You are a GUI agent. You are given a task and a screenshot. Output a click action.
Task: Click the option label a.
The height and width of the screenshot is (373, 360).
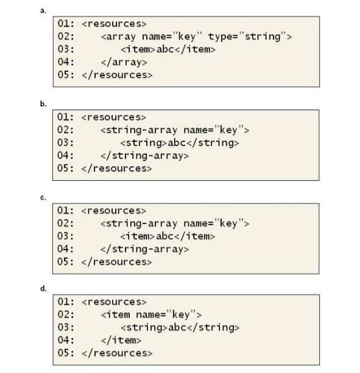click(x=43, y=11)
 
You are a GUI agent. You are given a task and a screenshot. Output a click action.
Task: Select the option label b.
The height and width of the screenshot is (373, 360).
click(x=43, y=104)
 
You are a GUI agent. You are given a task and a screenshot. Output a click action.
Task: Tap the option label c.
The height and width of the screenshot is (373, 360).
click(x=43, y=198)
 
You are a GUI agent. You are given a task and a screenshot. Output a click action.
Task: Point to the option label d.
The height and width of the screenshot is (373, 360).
click(x=43, y=288)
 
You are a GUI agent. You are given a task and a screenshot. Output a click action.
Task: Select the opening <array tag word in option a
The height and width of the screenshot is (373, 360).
click(x=118, y=37)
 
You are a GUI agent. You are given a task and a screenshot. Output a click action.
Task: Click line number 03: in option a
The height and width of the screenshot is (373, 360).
click(x=66, y=49)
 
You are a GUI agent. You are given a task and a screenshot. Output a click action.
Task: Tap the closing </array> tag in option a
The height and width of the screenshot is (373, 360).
click(x=124, y=62)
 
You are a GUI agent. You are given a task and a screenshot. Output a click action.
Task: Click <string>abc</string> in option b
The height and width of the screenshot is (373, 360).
click(x=180, y=143)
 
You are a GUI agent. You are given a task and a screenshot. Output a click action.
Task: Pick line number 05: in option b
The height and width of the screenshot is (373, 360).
click(x=65, y=168)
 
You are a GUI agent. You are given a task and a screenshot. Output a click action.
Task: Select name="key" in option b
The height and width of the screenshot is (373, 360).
click(x=214, y=130)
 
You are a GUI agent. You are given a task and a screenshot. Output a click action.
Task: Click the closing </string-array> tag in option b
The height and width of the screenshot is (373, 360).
click(x=144, y=156)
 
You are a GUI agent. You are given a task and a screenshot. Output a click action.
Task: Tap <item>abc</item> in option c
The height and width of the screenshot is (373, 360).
click(x=168, y=236)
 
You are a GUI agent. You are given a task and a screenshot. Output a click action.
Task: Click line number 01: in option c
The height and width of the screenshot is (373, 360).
click(x=65, y=211)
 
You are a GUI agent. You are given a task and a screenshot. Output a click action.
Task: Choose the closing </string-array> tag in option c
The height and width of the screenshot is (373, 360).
click(x=144, y=249)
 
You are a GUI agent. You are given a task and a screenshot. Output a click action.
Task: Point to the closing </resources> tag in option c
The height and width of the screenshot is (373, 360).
click(x=116, y=262)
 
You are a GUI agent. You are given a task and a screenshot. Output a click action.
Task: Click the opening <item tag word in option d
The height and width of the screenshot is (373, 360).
click(x=116, y=315)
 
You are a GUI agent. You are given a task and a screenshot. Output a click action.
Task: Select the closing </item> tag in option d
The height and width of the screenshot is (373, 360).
click(x=121, y=340)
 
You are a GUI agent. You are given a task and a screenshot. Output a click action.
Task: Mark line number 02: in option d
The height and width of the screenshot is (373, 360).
click(x=66, y=315)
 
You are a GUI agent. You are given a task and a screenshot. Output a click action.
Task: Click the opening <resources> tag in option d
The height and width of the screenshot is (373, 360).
click(x=114, y=302)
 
